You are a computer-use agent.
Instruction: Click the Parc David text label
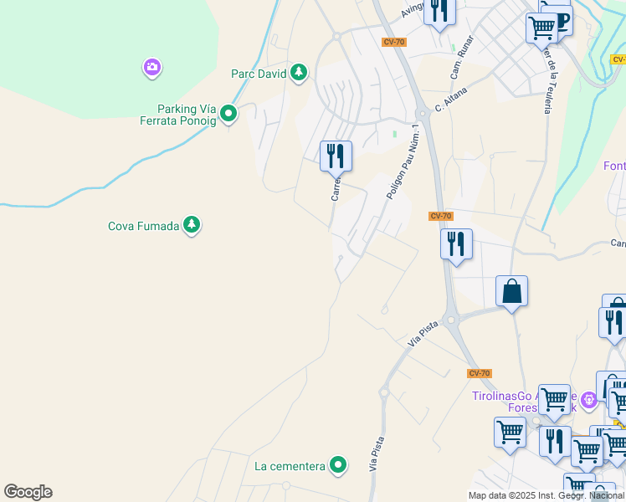click(259, 74)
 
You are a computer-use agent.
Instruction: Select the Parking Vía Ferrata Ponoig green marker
click(228, 115)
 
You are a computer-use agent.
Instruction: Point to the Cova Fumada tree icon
click(192, 225)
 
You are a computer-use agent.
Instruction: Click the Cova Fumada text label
click(144, 226)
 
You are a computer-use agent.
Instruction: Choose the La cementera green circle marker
click(338, 465)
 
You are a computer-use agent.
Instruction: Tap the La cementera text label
click(290, 466)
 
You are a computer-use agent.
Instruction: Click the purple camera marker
click(151, 67)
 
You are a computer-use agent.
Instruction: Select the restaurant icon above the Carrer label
click(336, 155)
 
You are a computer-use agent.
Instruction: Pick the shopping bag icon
click(511, 292)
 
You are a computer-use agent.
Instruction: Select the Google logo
click(28, 492)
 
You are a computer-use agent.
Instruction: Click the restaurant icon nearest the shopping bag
click(456, 243)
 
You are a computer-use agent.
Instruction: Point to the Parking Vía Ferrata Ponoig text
click(187, 115)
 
